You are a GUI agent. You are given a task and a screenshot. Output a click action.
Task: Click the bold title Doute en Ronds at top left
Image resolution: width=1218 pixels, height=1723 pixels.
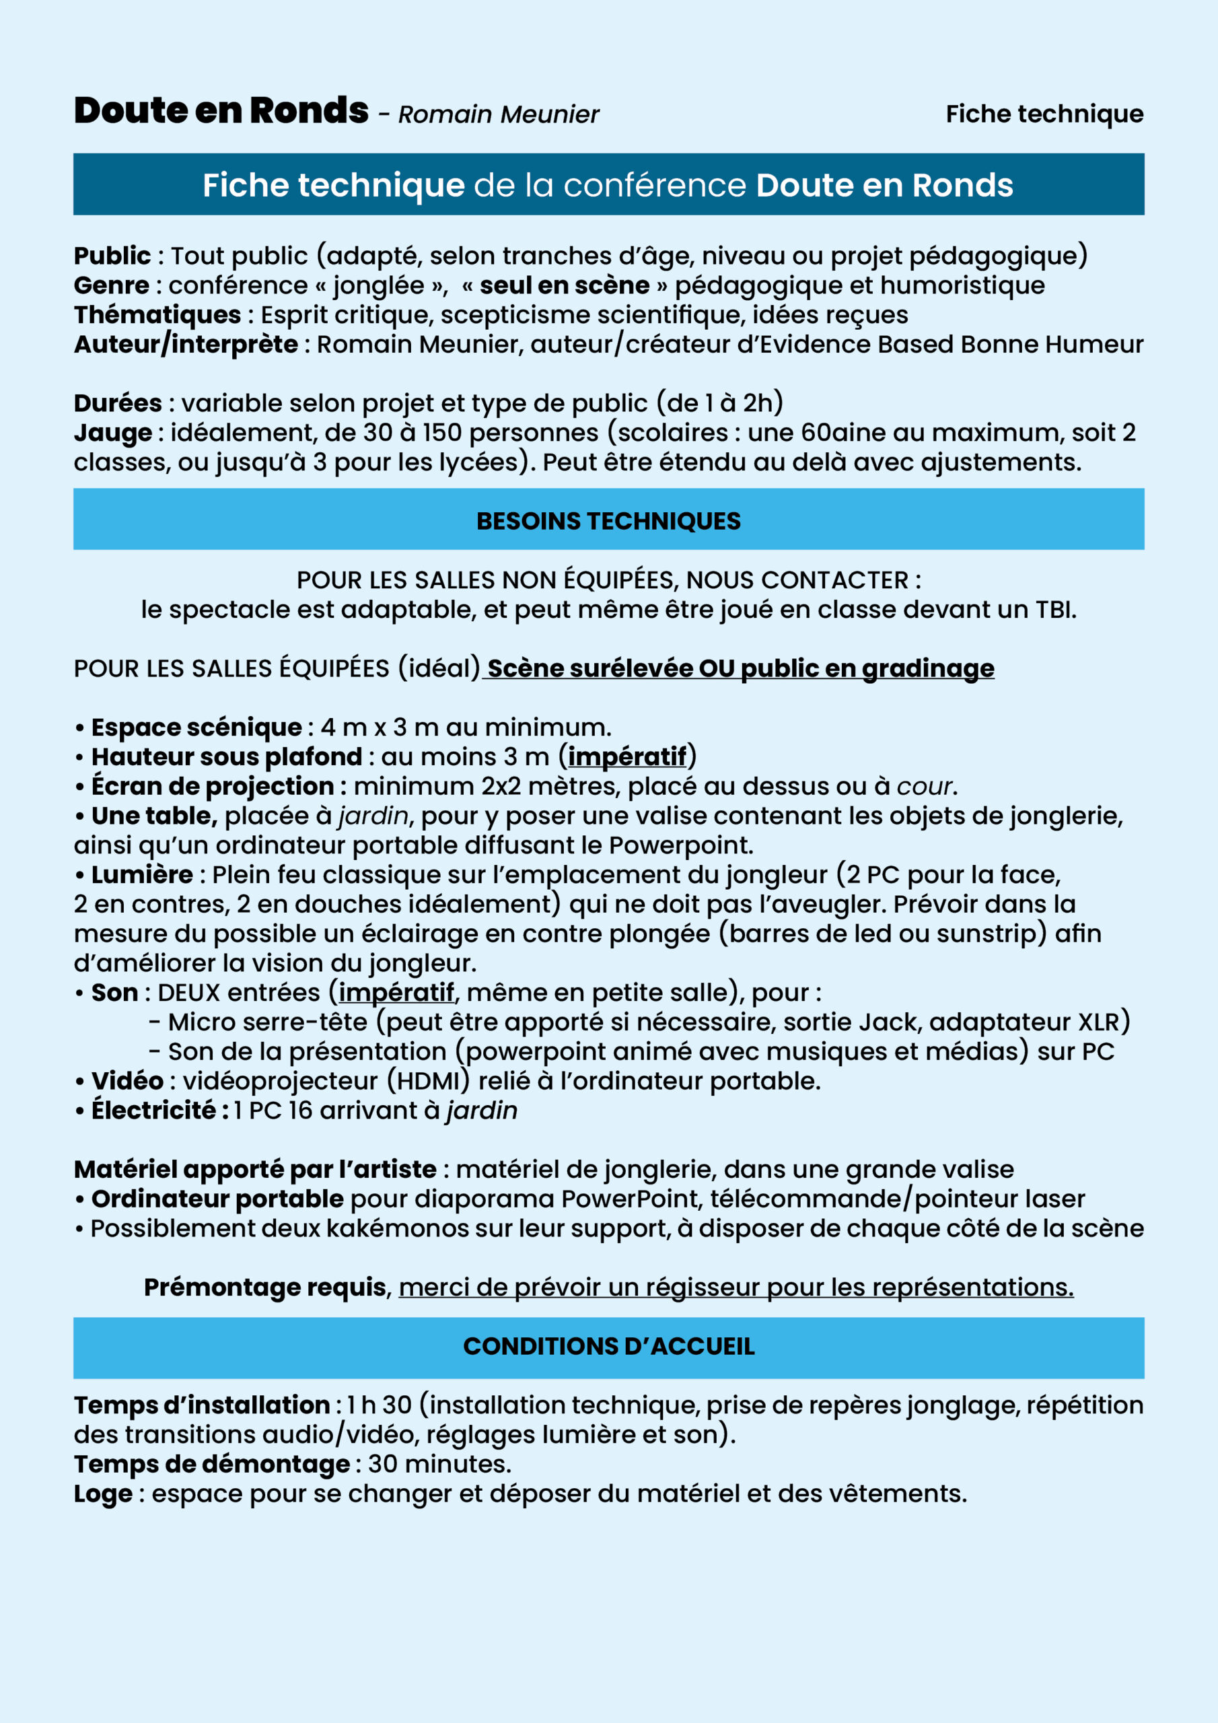pos(221,111)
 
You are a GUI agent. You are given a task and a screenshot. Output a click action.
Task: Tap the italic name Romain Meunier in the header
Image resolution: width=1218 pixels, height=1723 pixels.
pos(499,115)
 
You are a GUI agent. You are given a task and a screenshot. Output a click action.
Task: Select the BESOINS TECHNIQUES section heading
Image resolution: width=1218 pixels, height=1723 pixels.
pos(608,521)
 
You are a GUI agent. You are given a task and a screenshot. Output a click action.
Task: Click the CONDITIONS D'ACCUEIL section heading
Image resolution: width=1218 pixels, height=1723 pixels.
pos(608,1346)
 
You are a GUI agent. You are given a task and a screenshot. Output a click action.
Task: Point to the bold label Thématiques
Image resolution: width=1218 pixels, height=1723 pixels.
pos(157,315)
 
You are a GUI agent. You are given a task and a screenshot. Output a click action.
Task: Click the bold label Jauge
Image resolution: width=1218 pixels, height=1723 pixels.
pos(112,433)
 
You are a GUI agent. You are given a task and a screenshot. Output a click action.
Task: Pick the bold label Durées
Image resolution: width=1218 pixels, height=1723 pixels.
pos(117,404)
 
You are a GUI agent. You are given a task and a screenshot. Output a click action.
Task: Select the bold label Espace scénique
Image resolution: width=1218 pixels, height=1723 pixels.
pos(196,727)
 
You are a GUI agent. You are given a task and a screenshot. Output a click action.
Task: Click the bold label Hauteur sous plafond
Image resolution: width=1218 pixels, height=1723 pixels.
pos(226,757)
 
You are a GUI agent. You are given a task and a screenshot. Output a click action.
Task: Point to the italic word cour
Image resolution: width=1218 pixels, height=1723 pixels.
pos(925,787)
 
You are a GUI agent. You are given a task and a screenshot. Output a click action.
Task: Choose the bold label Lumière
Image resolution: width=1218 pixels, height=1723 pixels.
pos(142,875)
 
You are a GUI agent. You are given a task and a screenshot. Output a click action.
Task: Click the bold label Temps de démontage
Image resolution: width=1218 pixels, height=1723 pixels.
pos(211,1464)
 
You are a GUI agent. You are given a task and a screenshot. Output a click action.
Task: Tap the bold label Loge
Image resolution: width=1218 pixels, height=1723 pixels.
pos(103,1493)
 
